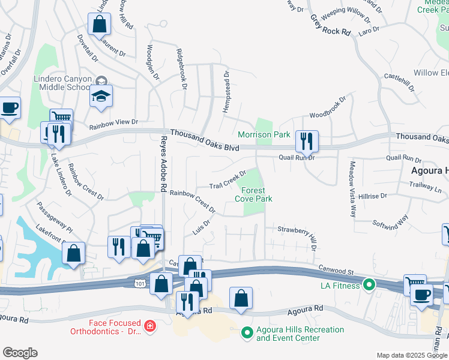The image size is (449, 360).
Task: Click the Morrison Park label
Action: pos(264,135)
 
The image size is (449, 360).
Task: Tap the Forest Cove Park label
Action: pos(253,195)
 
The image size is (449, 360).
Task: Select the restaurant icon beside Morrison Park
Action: pos(307,141)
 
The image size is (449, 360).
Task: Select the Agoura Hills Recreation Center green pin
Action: pos(247,331)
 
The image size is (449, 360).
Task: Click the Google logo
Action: pos(20,353)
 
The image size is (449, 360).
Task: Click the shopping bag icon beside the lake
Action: pos(73,253)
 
